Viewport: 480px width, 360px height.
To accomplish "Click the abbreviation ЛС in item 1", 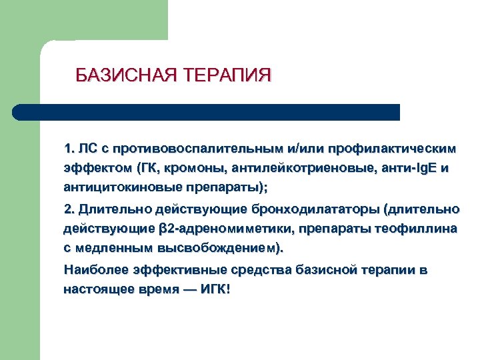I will click(87, 147).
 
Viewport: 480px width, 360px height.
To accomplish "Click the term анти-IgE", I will click(405, 167).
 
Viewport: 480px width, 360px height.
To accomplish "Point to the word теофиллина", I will click(417, 229).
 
